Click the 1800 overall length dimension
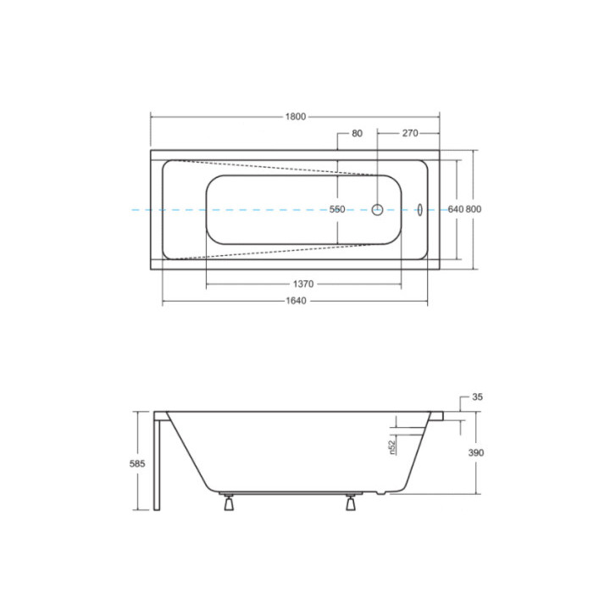295,117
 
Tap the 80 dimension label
356,134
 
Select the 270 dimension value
409,134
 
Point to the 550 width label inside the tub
337,209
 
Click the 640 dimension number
454,209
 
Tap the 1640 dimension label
295,301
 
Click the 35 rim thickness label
478,396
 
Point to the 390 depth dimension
476,453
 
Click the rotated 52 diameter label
392,446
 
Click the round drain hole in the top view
378,209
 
